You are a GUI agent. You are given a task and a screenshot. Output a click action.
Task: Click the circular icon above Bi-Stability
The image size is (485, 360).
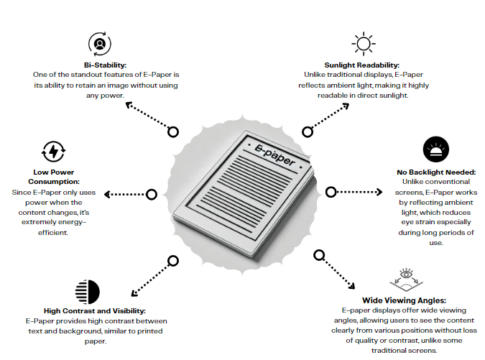99,43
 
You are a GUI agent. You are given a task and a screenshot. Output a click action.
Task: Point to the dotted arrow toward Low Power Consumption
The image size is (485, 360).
122,194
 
